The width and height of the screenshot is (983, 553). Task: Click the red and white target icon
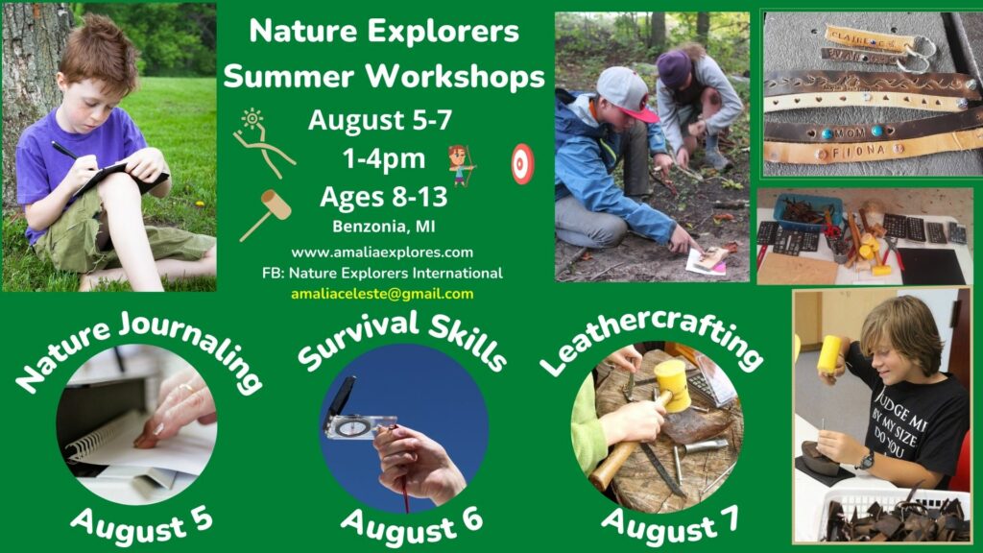tap(522, 164)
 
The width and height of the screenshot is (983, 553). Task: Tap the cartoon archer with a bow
tap(462, 165)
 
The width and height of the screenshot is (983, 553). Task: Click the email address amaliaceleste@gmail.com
tap(382, 294)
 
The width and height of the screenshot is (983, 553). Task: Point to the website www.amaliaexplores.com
tap(382, 252)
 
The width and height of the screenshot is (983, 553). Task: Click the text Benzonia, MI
tap(384, 227)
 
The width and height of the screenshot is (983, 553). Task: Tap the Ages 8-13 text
tap(384, 197)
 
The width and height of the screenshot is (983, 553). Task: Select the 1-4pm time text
tap(384, 158)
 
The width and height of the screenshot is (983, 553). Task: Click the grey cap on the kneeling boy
tap(625, 93)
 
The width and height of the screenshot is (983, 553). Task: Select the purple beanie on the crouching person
tap(673, 67)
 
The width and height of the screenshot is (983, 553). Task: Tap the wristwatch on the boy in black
tap(866, 461)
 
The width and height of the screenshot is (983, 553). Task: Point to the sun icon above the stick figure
tap(252, 117)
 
